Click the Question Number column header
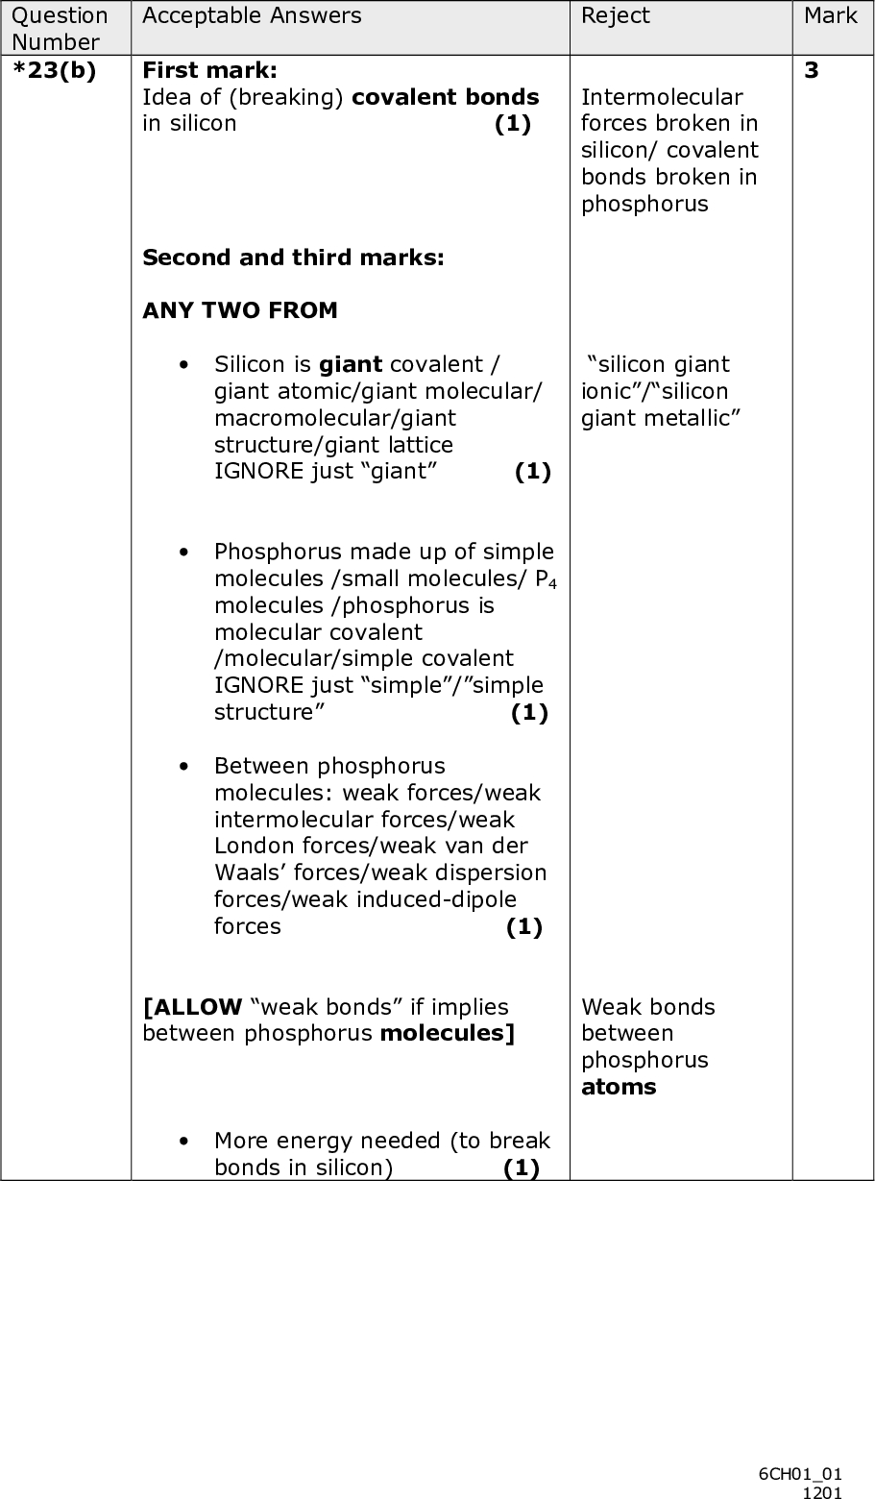(60, 28)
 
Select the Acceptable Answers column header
(252, 15)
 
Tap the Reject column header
(615, 15)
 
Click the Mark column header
(830, 15)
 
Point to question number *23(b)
(54, 71)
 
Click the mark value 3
(812, 71)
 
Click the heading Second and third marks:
(293, 258)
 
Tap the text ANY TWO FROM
(240, 310)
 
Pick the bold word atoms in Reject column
(619, 1088)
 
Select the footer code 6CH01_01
(799, 1474)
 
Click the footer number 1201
(822, 1491)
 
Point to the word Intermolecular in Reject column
(662, 98)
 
